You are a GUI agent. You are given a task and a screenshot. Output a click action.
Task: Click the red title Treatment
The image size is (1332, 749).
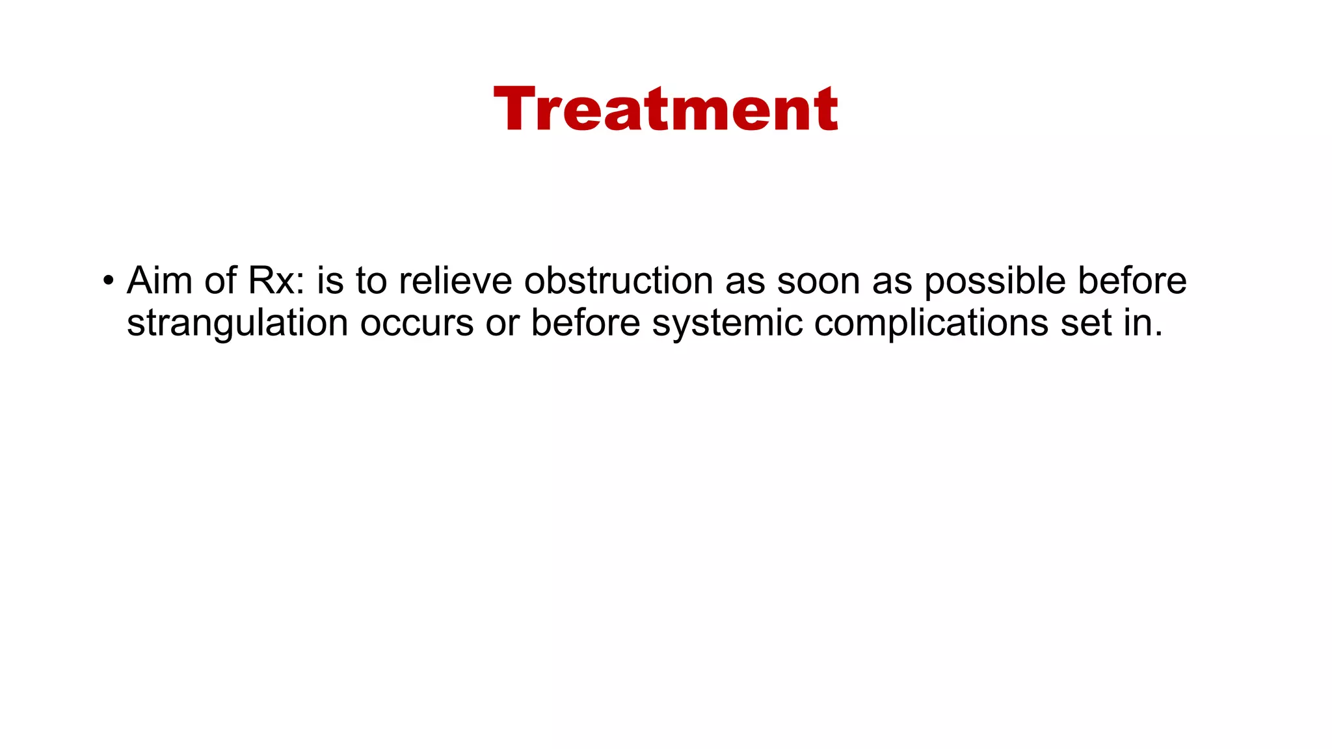pos(665,109)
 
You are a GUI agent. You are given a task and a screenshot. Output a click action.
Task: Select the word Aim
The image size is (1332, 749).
pos(159,281)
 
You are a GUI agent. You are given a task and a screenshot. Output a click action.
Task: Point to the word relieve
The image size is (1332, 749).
pos(455,281)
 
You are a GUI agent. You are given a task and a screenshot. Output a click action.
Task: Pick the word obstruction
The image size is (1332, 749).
pos(619,281)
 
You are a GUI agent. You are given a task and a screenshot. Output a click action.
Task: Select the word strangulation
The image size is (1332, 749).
pos(237,324)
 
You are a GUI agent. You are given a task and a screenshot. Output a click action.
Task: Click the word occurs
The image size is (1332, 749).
pos(417,324)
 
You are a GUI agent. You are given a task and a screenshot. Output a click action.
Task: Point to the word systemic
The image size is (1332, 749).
pos(727,324)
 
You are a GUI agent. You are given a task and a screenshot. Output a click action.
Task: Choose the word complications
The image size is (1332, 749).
pos(931,324)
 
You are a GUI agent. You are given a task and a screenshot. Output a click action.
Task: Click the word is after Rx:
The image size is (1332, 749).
pos(330,281)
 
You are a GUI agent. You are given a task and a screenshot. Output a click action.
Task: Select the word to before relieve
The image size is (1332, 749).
pos(371,281)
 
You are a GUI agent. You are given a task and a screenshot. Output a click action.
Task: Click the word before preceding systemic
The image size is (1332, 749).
pos(585,324)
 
